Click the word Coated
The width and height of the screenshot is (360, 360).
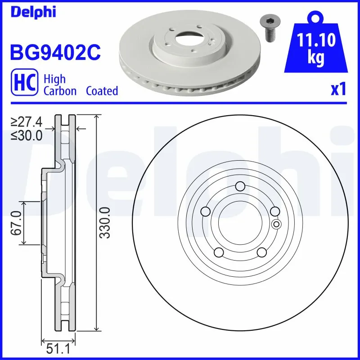coord(102,91)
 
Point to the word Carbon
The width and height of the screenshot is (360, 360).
coord(60,91)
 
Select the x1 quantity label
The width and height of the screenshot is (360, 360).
coord(338,90)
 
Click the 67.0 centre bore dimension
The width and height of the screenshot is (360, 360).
coord(17,223)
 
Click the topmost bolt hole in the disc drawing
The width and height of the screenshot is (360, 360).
coord(240,186)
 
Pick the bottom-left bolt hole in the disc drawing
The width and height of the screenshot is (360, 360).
coord(218,252)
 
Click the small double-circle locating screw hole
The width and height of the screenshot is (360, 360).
coord(276,225)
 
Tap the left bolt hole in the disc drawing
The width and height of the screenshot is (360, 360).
coord(205,212)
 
